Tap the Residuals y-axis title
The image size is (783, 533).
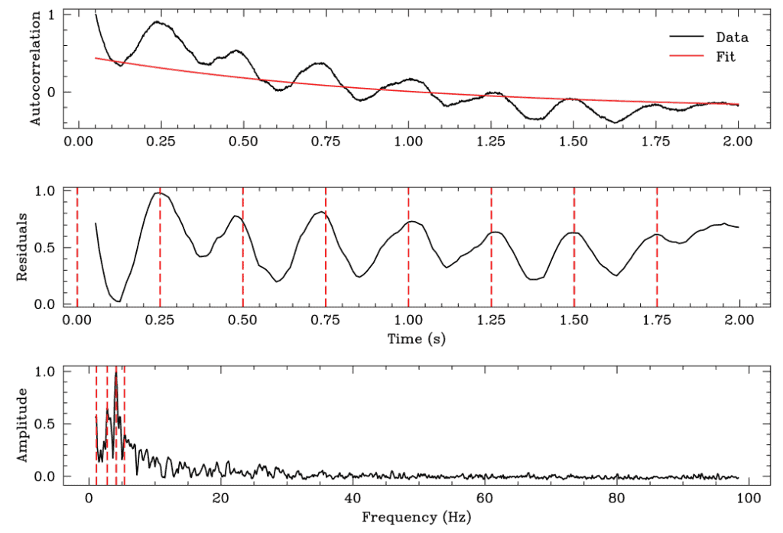click(x=24, y=247)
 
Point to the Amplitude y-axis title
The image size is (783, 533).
click(x=24, y=424)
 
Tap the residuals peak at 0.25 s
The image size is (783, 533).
click(x=159, y=193)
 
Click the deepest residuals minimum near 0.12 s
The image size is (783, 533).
click(x=119, y=301)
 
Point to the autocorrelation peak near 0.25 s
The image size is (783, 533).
click(x=158, y=21)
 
